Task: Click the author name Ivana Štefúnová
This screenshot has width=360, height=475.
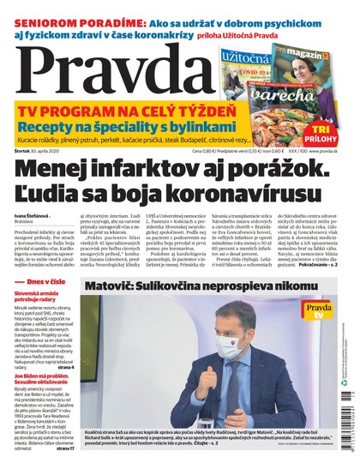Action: (x=33, y=218)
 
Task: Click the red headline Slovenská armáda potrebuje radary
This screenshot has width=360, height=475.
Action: (x=47, y=322)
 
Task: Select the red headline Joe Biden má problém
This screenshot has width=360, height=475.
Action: (x=51, y=399)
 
